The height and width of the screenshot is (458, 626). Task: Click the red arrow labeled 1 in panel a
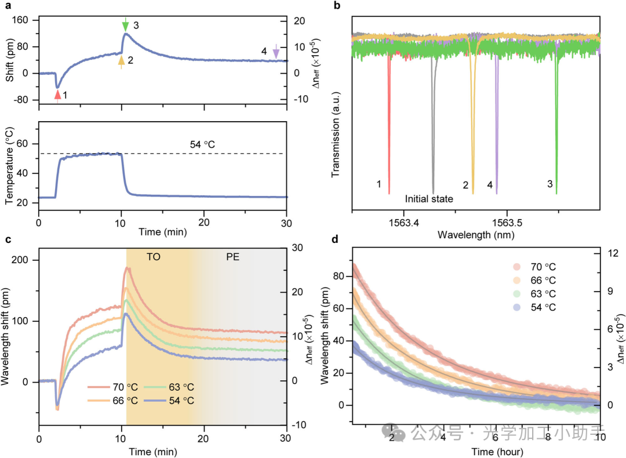(57, 94)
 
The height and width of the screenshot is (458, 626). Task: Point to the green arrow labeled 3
(126, 26)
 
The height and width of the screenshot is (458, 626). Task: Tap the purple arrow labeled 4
(276, 52)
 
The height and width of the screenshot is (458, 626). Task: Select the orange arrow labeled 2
(121, 61)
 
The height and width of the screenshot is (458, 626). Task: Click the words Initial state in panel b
(429, 198)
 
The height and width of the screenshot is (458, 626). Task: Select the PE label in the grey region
(232, 256)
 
